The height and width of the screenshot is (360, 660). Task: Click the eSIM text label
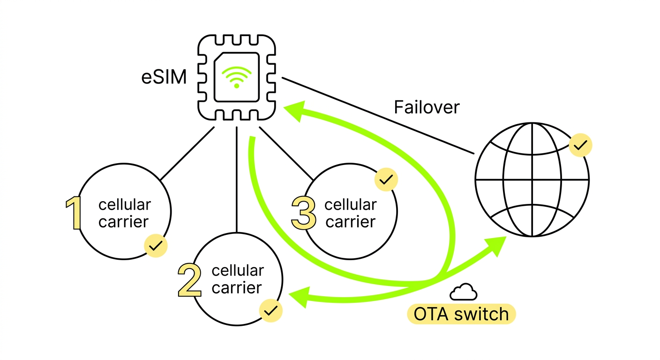(164, 78)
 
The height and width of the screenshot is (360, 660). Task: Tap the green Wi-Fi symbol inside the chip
(237, 78)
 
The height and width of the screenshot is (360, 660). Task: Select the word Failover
(427, 108)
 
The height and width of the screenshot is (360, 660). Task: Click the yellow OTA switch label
(461, 314)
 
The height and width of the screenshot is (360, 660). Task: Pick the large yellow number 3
(304, 213)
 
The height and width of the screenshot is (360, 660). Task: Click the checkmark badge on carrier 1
(156, 245)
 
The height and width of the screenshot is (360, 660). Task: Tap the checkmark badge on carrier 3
(386, 180)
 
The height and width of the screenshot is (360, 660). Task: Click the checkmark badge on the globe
(580, 146)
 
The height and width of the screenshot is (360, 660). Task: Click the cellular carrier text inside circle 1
(124, 213)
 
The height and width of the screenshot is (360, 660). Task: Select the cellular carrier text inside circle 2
(237, 279)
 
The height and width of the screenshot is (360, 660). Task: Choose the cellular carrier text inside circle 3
(350, 213)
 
